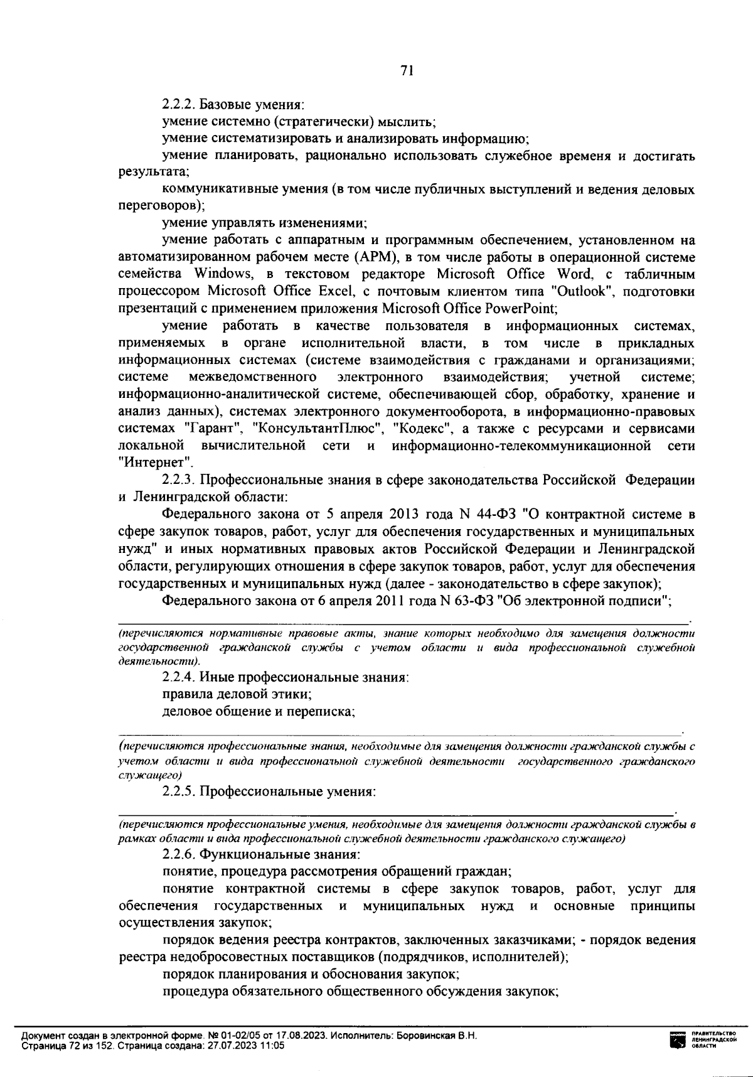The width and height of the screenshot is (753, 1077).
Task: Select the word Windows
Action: (222, 274)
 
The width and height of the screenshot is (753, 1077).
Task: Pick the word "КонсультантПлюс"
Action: (317, 429)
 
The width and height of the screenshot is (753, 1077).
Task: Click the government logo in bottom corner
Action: (678, 1041)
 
